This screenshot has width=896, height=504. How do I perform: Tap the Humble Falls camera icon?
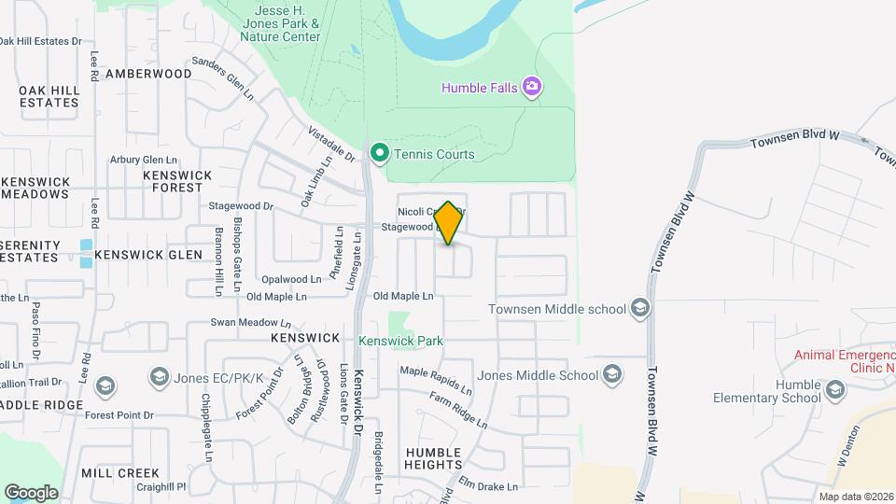(533, 88)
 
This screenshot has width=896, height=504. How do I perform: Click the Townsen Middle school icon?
(639, 308)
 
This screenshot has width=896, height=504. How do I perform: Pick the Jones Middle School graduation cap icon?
(612, 375)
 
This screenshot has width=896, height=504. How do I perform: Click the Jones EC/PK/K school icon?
(157, 376)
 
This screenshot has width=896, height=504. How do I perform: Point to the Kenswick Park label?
(400, 342)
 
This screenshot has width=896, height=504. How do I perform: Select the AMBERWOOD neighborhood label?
(148, 73)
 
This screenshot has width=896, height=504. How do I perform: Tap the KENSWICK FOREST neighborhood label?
(177, 181)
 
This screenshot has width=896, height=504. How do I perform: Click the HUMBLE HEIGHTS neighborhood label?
(434, 458)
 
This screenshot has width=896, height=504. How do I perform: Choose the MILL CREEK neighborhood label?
(120, 473)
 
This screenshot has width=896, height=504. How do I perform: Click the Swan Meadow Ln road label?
(245, 322)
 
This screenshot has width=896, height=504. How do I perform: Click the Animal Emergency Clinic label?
(845, 361)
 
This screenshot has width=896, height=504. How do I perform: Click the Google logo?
(32, 492)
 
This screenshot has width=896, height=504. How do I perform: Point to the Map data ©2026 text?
(856, 497)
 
